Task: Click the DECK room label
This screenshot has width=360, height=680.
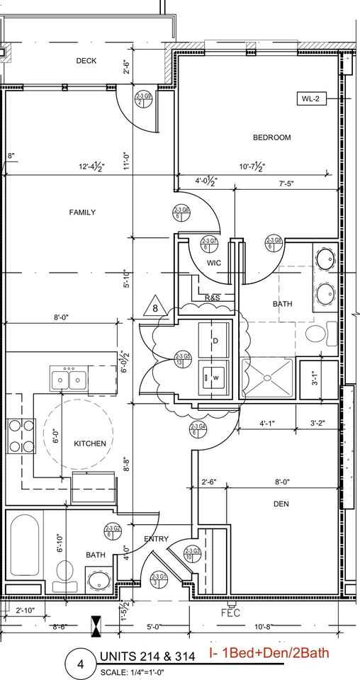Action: (x=86, y=61)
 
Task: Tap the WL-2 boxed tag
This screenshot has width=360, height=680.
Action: (x=311, y=100)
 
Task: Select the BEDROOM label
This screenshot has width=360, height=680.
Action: (x=271, y=137)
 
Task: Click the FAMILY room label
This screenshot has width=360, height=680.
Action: (x=82, y=212)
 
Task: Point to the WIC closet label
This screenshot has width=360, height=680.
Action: (x=214, y=263)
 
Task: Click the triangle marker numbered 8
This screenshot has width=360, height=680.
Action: (x=154, y=307)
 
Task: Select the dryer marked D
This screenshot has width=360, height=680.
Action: (x=213, y=340)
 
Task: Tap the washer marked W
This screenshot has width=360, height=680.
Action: (x=213, y=377)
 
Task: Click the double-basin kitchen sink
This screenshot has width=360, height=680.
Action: (x=69, y=380)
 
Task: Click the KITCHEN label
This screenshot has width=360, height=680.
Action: (x=90, y=443)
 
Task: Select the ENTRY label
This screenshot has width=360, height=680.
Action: (x=156, y=540)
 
